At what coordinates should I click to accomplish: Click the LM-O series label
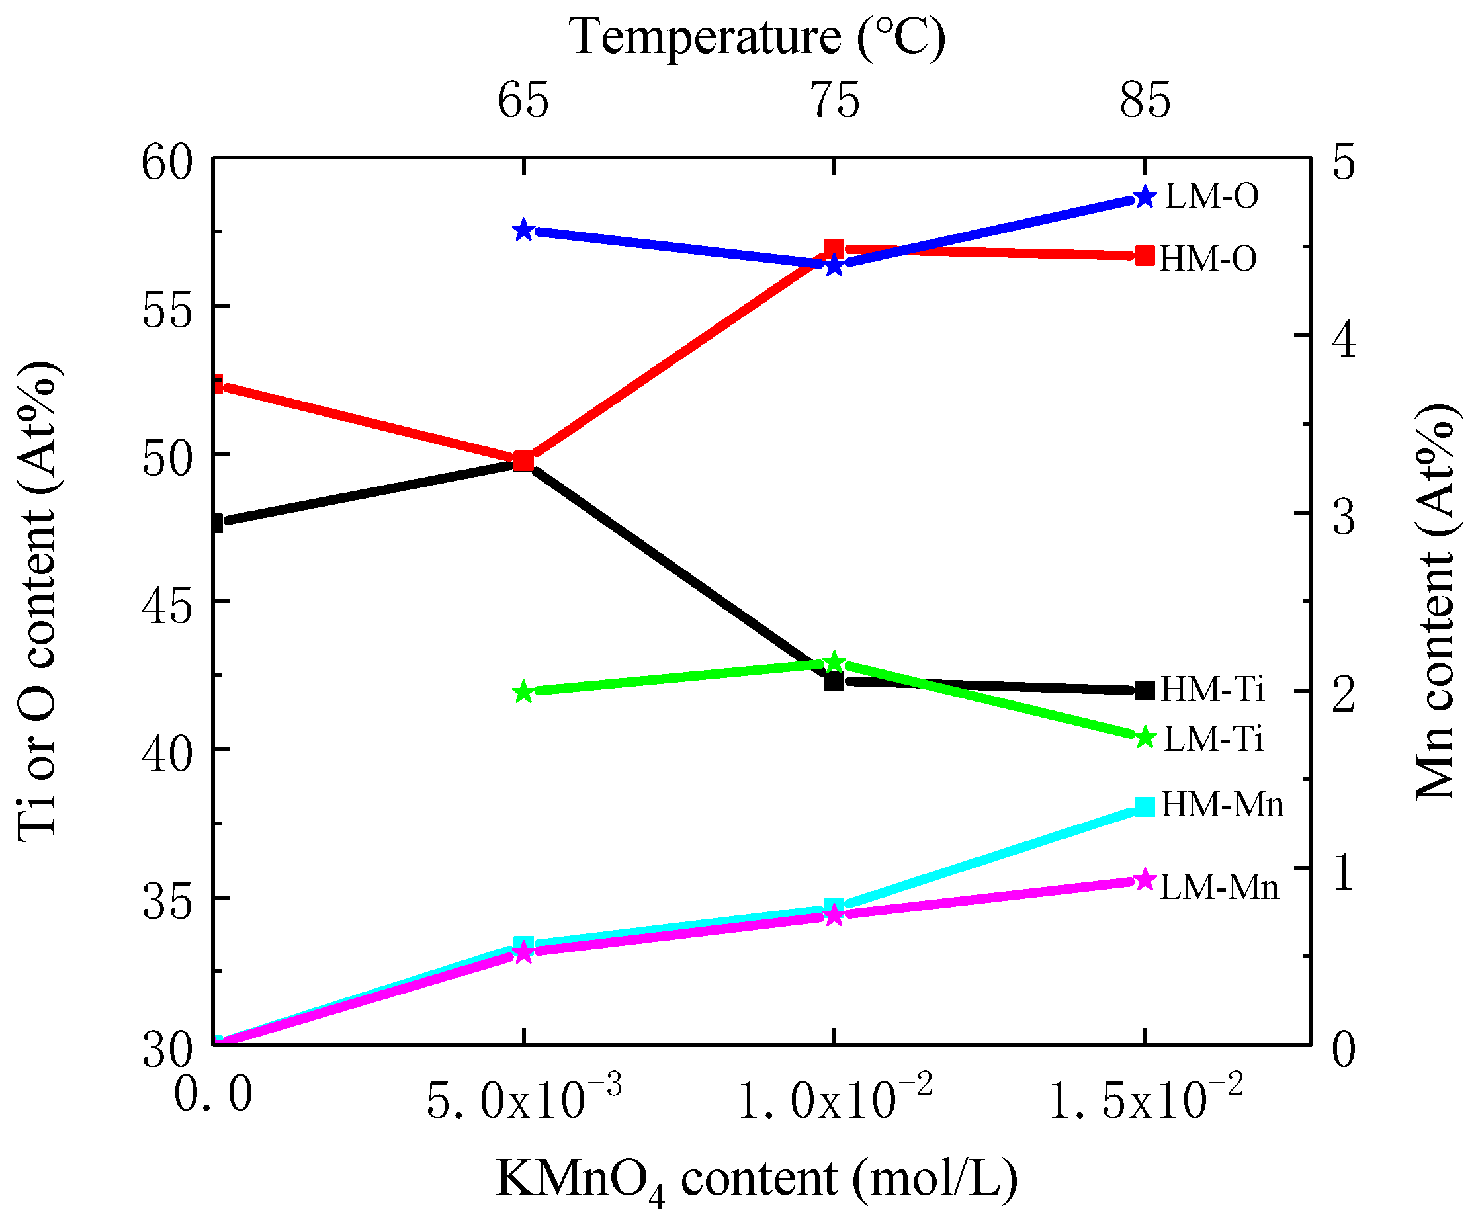pyautogui.click(x=1212, y=196)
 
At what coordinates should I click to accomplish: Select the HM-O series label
pyautogui.click(x=1207, y=259)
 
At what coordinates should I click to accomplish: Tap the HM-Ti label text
pyautogui.click(x=1213, y=689)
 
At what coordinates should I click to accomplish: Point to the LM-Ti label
pyautogui.click(x=1214, y=740)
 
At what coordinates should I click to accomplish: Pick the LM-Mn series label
pyautogui.click(x=1219, y=888)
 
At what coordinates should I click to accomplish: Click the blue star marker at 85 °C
pyautogui.click(x=1145, y=198)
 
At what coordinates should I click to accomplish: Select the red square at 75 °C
pyautogui.click(x=834, y=248)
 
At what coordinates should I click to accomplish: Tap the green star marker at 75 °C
pyautogui.click(x=834, y=662)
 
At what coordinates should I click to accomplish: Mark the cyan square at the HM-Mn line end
pyautogui.click(x=1145, y=807)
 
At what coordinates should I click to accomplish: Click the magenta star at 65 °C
pyautogui.click(x=523, y=954)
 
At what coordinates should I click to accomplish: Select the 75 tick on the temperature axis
pyautogui.click(x=834, y=101)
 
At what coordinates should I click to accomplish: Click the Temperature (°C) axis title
pyautogui.click(x=757, y=36)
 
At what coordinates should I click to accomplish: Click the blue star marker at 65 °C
pyautogui.click(x=523, y=230)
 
